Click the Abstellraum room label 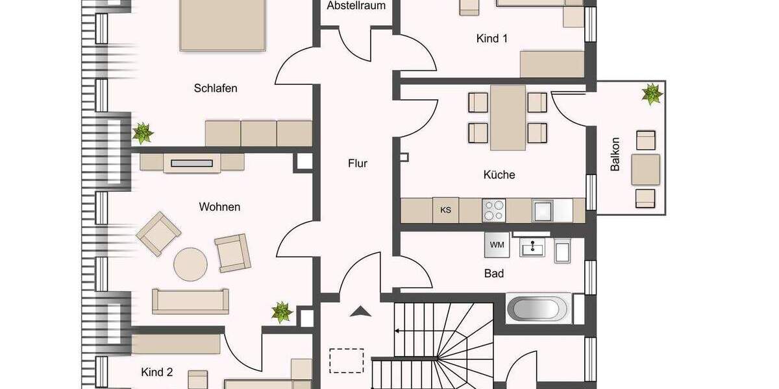pyautogui.click(x=356, y=6)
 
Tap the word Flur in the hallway pyautogui.click(x=357, y=163)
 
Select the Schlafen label pyautogui.click(x=216, y=88)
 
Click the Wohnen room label pyautogui.click(x=219, y=207)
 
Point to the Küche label pyautogui.click(x=499, y=174)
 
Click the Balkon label pyautogui.click(x=615, y=154)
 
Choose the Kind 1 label pyautogui.click(x=492, y=39)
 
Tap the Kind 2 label pyautogui.click(x=157, y=372)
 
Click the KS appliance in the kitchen pyautogui.click(x=446, y=210)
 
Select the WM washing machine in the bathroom pyautogui.click(x=497, y=244)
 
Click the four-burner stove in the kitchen pyautogui.click(x=493, y=210)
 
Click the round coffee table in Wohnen pyautogui.click(x=190, y=264)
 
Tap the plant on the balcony pyautogui.click(x=652, y=94)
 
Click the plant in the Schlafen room pyautogui.click(x=142, y=133)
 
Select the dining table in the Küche pyautogui.click(x=508, y=117)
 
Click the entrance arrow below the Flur pyautogui.click(x=358, y=312)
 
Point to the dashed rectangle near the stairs pyautogui.click(x=346, y=360)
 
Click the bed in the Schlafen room pyautogui.click(x=223, y=25)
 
